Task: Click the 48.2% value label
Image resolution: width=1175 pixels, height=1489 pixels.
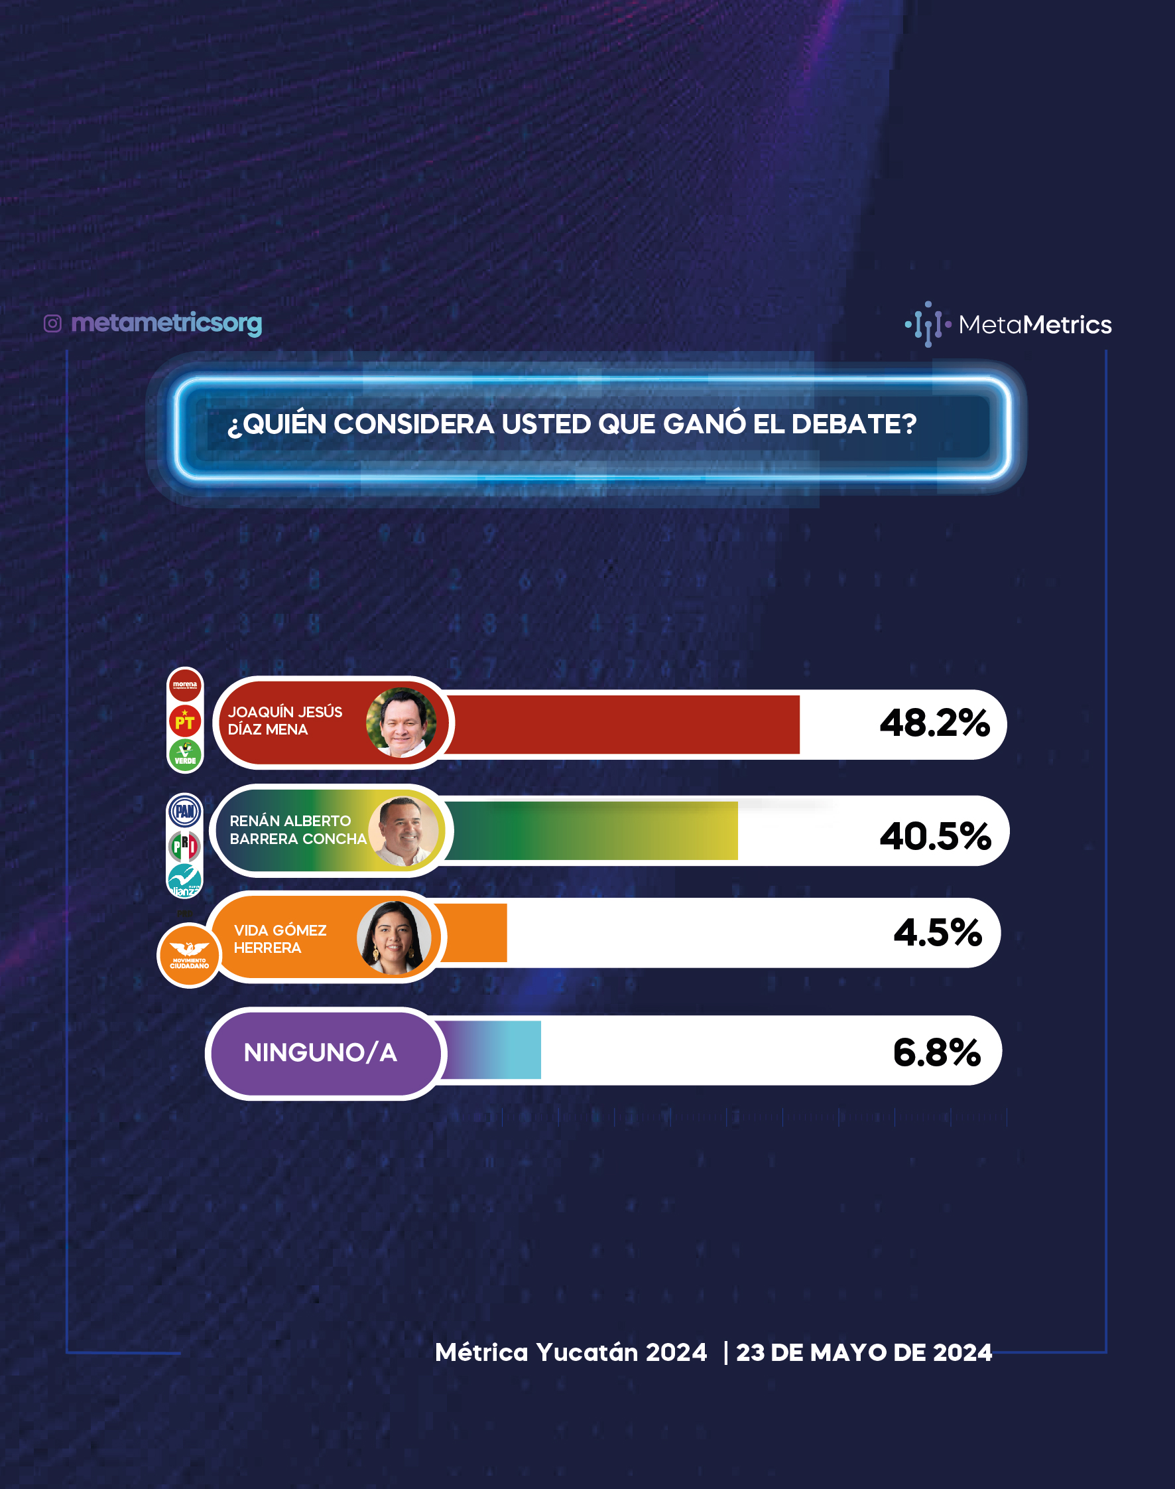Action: [x=934, y=723]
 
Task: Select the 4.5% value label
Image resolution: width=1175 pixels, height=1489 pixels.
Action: [x=938, y=933]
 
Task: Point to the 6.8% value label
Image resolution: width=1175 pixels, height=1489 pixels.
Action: [x=937, y=1052]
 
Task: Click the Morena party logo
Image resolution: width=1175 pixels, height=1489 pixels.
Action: [x=185, y=685]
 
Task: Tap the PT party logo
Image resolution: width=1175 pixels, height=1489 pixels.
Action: [x=185, y=721]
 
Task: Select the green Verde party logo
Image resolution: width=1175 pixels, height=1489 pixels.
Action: [x=185, y=755]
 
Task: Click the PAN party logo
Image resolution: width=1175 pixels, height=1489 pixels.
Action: [x=185, y=812]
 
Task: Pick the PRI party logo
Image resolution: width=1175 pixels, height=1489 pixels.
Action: [x=185, y=846]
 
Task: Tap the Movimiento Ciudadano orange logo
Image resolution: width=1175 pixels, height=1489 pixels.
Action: [x=189, y=956]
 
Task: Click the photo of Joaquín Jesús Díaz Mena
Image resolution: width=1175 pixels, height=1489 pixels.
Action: [x=401, y=723]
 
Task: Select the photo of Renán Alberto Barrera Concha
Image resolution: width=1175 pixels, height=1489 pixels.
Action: [x=404, y=831]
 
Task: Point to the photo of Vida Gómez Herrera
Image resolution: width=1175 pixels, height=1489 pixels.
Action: [x=394, y=938]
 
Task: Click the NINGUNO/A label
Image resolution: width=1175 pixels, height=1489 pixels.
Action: [x=320, y=1052]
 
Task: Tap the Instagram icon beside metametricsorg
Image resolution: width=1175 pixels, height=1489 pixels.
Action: [x=53, y=324]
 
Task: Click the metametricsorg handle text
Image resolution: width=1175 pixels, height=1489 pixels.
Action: [x=166, y=323]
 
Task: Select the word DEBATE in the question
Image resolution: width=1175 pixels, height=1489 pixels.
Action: [x=854, y=424]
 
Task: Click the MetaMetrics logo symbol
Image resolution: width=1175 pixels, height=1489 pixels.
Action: [x=928, y=324]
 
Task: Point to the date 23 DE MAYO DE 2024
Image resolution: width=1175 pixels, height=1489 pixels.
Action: [x=864, y=1353]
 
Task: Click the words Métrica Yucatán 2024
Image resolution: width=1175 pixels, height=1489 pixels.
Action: [x=571, y=1352]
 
